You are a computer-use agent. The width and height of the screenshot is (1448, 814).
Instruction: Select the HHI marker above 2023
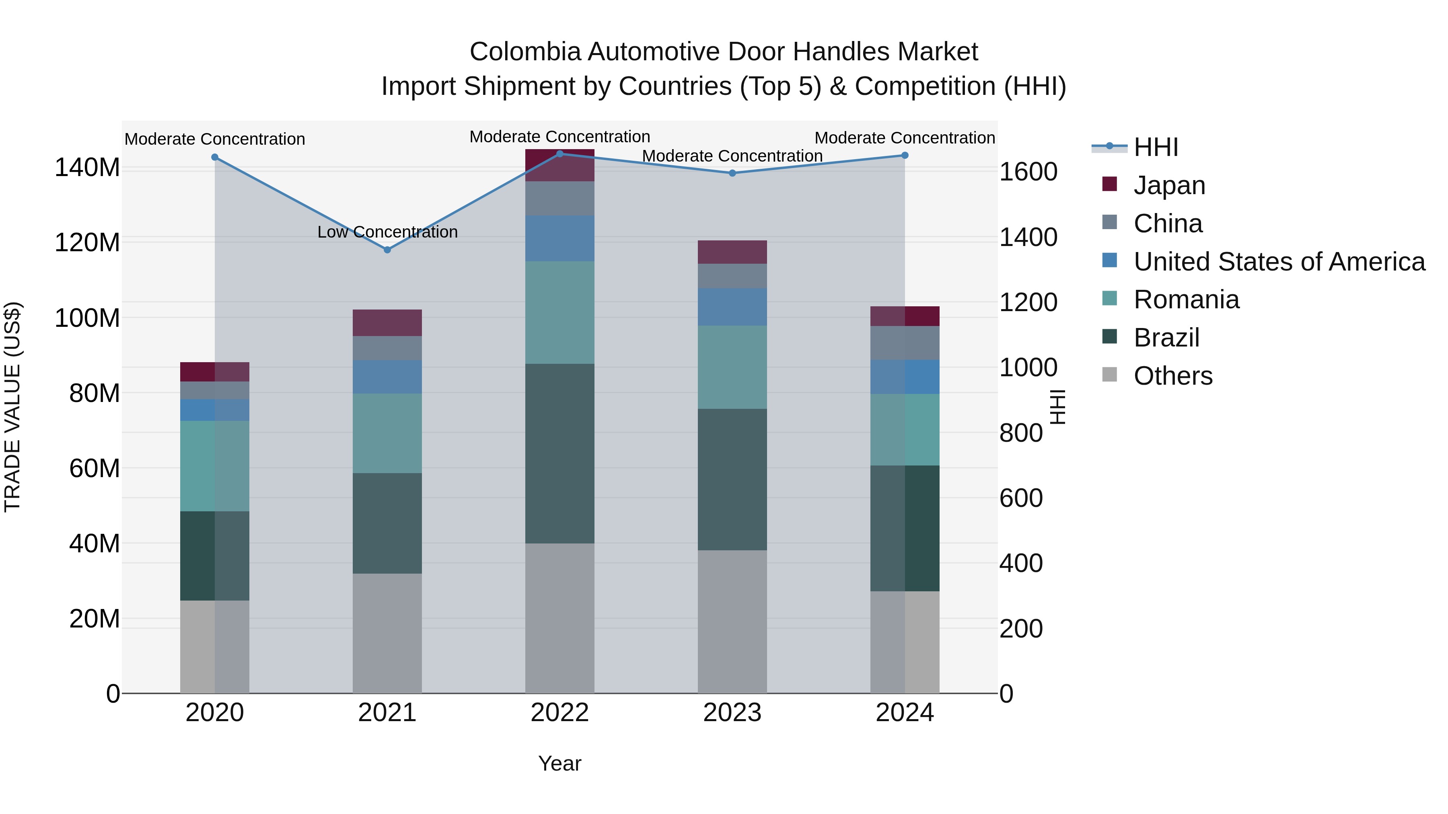(x=732, y=173)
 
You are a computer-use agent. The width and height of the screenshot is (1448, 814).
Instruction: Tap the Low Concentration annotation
(x=387, y=232)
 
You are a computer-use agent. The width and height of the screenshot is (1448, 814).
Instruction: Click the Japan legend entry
(x=1169, y=185)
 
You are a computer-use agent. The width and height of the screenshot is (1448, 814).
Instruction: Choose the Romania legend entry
(x=1186, y=299)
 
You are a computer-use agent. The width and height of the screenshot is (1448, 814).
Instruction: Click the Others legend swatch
(x=1110, y=374)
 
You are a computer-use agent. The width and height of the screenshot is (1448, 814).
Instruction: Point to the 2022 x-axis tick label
(x=559, y=713)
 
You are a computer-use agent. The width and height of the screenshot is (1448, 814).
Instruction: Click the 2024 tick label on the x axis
(x=905, y=713)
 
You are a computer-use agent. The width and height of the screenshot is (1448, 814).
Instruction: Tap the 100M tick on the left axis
(x=87, y=318)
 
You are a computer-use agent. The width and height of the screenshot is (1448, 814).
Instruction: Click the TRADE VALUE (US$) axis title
(x=12, y=407)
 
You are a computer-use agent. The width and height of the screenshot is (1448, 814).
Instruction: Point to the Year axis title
(x=559, y=763)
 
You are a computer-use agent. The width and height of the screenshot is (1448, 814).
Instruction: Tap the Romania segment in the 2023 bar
(x=732, y=367)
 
